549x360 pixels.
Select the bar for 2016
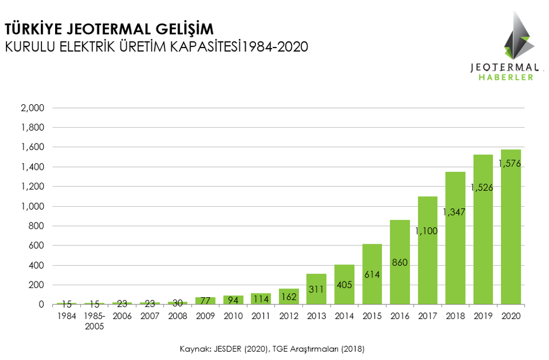click(399, 262)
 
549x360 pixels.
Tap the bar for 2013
click(316, 289)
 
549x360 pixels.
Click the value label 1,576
click(511, 164)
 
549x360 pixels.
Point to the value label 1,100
click(427, 231)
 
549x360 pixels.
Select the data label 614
click(372, 275)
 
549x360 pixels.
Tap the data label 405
click(344, 285)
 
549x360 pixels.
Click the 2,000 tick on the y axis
click(32, 108)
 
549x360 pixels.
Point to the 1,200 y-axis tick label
click(32, 187)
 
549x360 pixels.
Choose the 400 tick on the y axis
click(36, 266)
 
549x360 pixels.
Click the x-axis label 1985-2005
click(94, 321)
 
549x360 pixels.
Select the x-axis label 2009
click(205, 316)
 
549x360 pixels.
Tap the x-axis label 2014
click(344, 316)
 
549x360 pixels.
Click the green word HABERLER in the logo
click(505, 77)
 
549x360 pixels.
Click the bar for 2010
click(233, 299)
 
